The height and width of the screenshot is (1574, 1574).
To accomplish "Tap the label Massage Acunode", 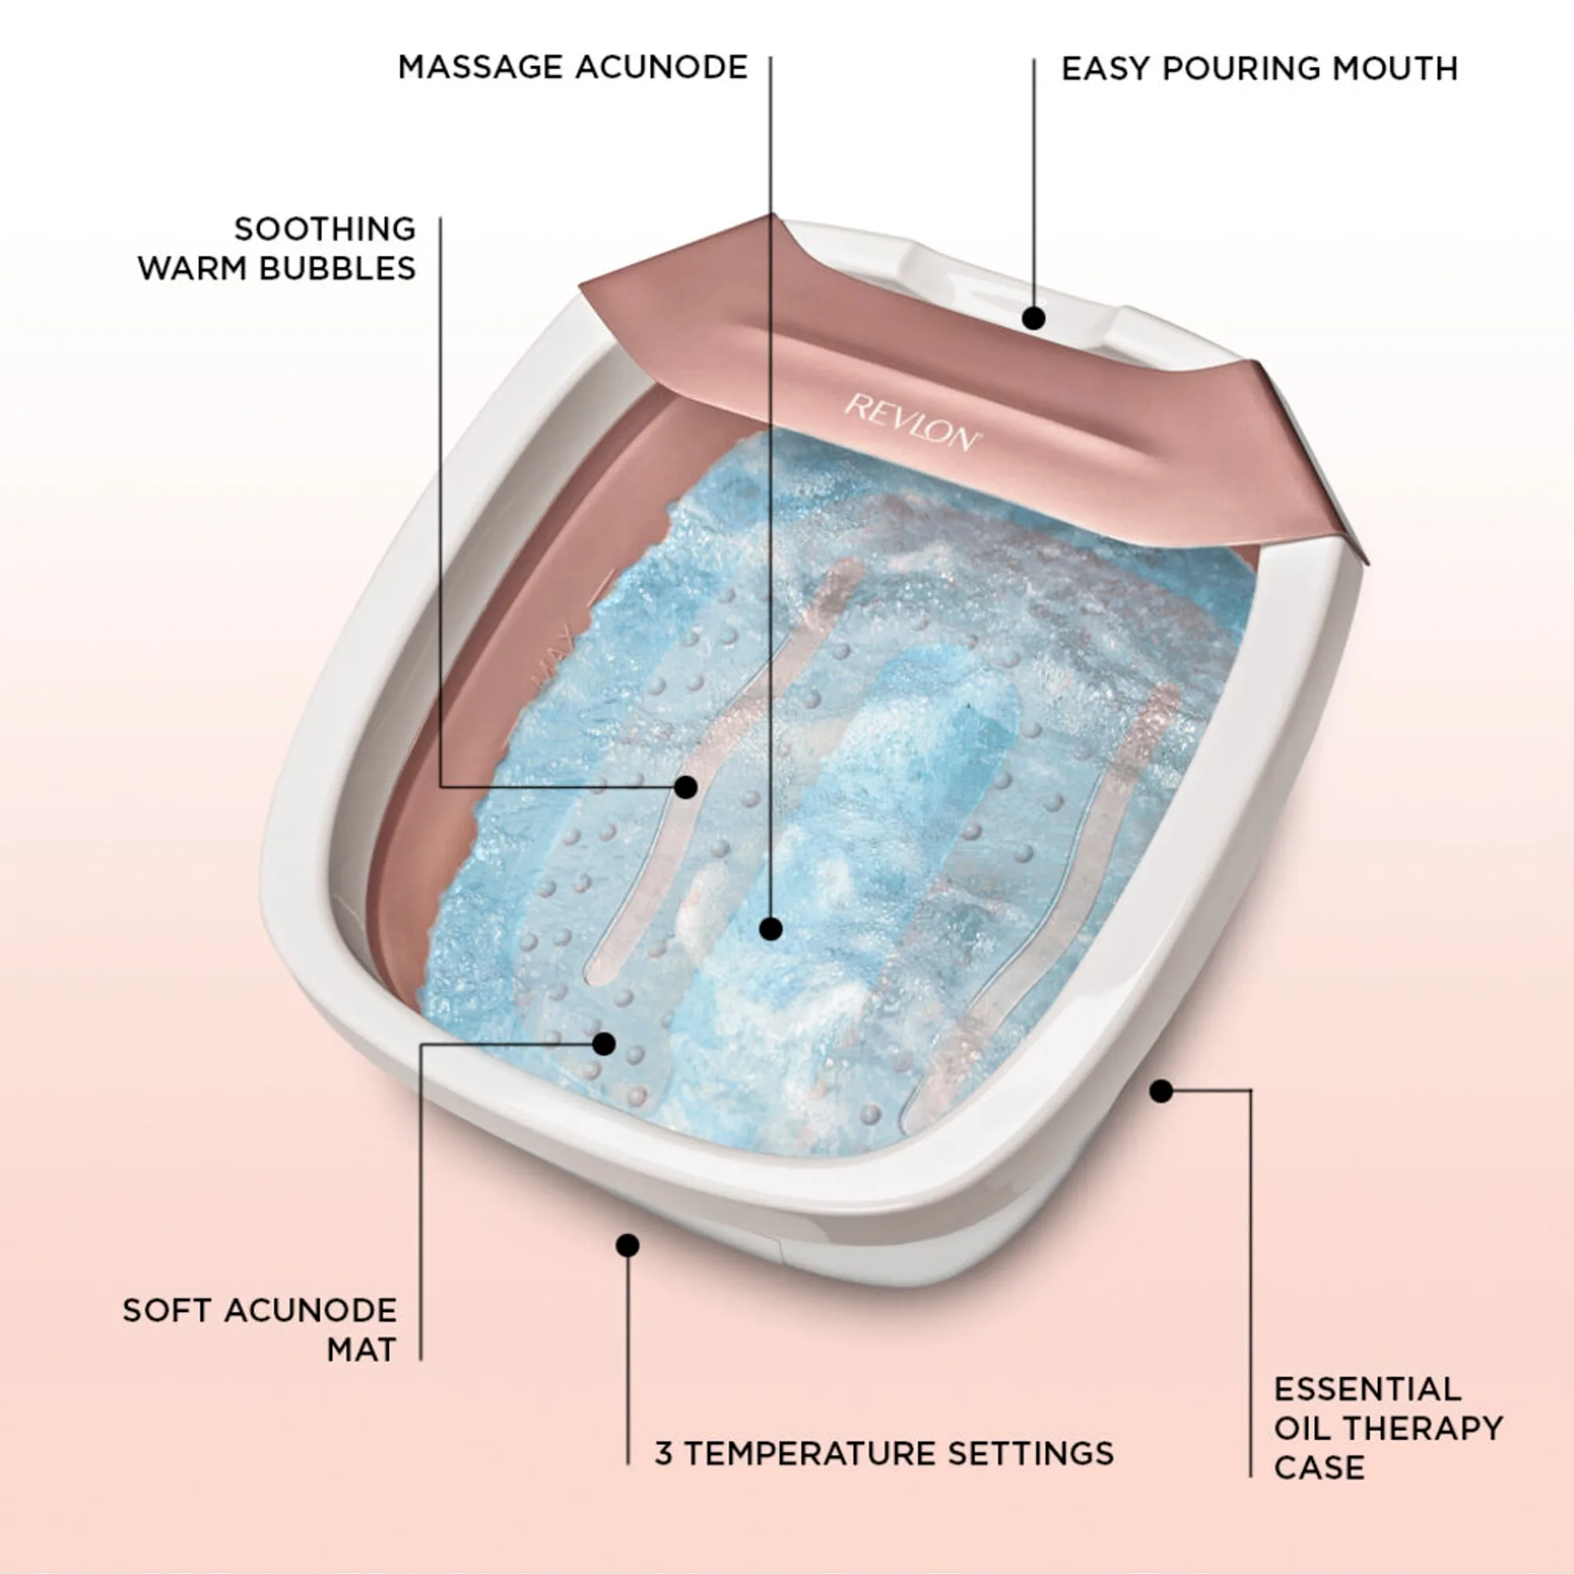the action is pos(573,68).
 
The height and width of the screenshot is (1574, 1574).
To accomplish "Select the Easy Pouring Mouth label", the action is pos(1259,68).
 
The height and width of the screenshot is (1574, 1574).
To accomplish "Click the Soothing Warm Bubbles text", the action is pos(277,249).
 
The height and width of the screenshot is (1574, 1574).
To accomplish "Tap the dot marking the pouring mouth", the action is pos(1034,319).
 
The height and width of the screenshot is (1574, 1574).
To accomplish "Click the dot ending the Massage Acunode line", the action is pos(770,929).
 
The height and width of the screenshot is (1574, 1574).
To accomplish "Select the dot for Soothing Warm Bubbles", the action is pos(686,787).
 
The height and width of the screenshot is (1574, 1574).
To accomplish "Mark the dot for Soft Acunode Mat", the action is pos(604,1044).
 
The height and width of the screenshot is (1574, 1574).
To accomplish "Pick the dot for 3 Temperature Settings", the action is pos(627,1245).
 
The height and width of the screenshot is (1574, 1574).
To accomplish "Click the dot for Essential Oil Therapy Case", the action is pos(1161,1091).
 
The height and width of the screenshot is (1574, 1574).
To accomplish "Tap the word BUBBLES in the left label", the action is pos(338,269).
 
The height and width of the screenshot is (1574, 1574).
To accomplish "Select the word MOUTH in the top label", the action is pos(1395,68).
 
